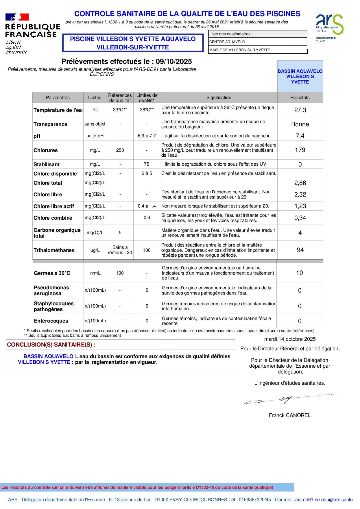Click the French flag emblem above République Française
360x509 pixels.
pyautogui.click(x=17, y=17)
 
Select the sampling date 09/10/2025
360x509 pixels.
pyautogui.click(x=174, y=61)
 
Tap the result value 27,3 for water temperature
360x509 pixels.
pyautogui.click(x=300, y=110)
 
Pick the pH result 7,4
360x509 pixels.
pyautogui.click(x=300, y=136)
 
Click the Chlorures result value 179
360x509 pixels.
pyautogui.click(x=300, y=150)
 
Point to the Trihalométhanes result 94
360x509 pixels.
pyautogui.click(x=300, y=250)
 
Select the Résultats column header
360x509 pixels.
pyautogui.click(x=300, y=98)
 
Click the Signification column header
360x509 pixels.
pyautogui.click(x=219, y=98)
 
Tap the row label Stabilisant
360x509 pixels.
pyautogui.click(x=47, y=164)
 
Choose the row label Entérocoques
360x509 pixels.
pyautogui.click(x=51, y=321)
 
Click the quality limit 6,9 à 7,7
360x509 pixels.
pyautogui.click(x=147, y=136)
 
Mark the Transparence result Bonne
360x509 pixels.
pyautogui.click(x=300, y=124)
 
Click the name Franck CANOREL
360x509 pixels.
pyautogui.click(x=290, y=415)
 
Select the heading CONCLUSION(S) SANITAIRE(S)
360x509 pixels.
pyautogui.click(x=51, y=345)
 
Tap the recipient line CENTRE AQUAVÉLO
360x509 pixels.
pyautogui.click(x=227, y=42)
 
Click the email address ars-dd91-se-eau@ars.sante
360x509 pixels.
pyautogui.click(x=324, y=499)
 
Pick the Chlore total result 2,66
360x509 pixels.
pyautogui.click(x=300, y=183)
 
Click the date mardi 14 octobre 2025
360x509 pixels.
pyautogui.click(x=290, y=339)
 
